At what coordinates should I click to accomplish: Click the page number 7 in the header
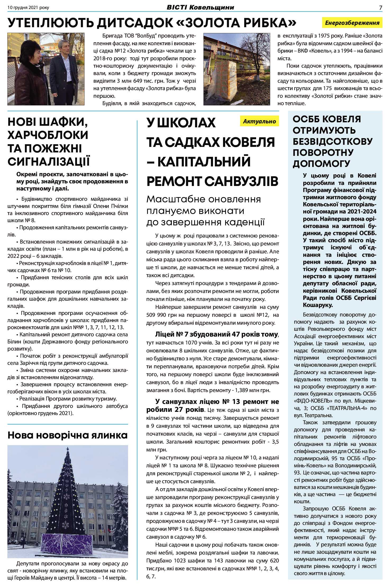[x=380, y=8]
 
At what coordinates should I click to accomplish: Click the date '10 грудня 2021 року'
[x=28, y=8]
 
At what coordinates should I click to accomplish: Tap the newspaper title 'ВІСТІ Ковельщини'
[x=200, y=7]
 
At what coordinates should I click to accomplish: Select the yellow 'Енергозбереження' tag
[x=352, y=23]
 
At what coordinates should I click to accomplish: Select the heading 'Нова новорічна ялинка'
[x=67, y=435]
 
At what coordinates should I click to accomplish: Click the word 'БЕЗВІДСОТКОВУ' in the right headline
[x=333, y=141]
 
